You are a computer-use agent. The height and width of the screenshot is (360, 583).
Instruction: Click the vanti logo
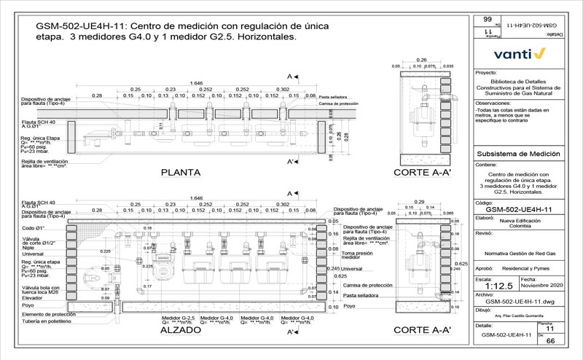click(520, 53)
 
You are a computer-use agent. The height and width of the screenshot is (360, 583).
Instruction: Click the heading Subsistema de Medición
click(515, 154)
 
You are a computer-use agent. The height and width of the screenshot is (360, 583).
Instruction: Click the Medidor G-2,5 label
click(178, 318)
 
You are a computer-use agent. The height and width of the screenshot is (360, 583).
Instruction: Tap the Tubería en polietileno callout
click(45, 321)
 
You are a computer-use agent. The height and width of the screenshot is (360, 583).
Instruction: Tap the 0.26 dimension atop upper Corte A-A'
click(421, 59)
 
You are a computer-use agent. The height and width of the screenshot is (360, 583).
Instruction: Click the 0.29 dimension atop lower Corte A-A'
click(420, 200)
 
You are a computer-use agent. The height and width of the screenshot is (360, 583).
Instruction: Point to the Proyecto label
click(485, 73)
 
